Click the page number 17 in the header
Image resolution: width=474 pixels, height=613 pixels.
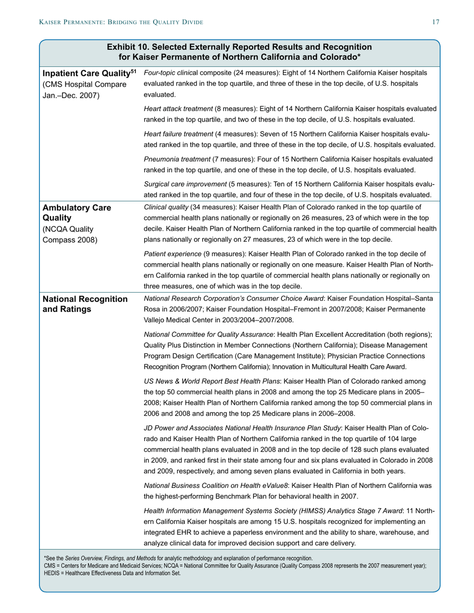point(436,22)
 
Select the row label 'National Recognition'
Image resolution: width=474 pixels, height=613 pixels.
point(84,299)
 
